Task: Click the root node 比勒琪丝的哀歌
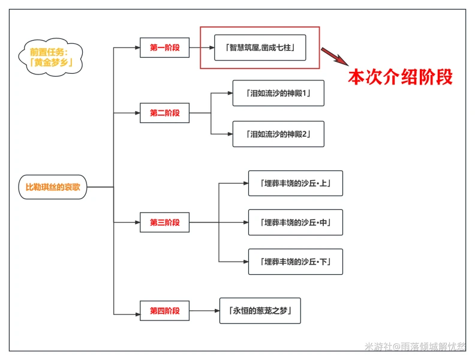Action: (x=53, y=187)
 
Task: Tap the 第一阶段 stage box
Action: (x=164, y=47)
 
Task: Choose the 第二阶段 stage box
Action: (x=164, y=113)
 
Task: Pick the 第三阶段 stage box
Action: (x=164, y=223)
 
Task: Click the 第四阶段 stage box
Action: (x=164, y=311)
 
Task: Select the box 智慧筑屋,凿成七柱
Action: (x=260, y=47)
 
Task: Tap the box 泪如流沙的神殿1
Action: (x=278, y=93)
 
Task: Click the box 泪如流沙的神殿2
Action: (x=278, y=134)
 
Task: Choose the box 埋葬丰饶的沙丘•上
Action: (x=295, y=183)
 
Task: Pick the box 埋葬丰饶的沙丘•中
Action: (x=295, y=223)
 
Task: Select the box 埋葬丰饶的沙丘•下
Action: (x=295, y=262)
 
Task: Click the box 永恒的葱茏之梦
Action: (x=259, y=311)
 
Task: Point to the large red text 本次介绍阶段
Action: (x=400, y=77)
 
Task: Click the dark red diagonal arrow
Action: (x=334, y=56)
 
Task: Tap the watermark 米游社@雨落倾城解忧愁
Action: (x=415, y=347)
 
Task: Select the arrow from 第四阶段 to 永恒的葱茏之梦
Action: (x=204, y=311)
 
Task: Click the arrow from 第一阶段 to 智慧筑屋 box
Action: (x=202, y=47)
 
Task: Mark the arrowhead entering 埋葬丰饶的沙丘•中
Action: (x=244, y=223)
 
